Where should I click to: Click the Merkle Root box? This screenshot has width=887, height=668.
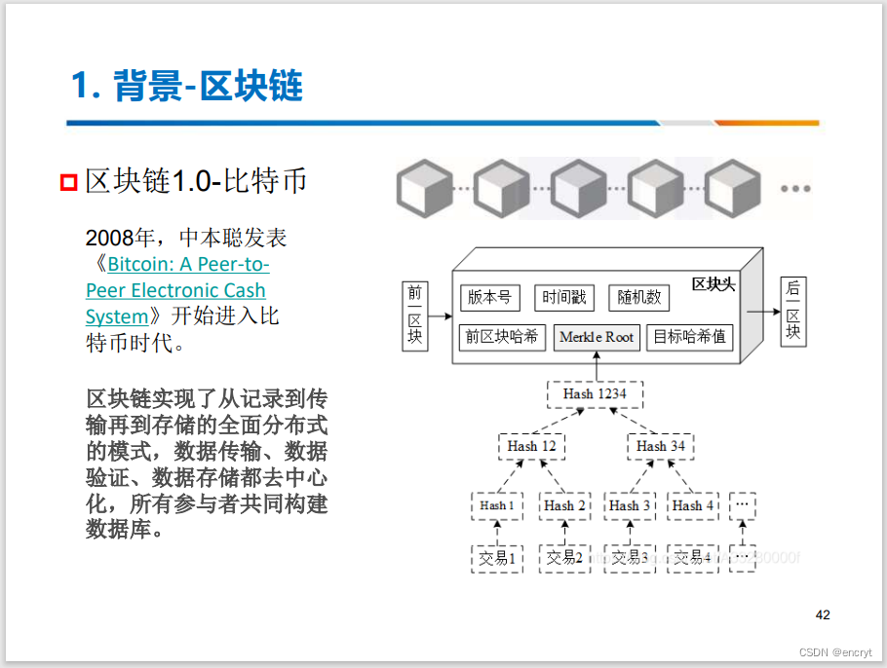596,337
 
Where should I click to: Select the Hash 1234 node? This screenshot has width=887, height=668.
595,393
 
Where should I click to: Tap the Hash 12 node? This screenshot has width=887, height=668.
531,446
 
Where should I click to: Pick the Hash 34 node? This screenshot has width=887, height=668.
660,446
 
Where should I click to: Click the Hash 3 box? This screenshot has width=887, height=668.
630,505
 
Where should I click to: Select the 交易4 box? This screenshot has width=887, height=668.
693,558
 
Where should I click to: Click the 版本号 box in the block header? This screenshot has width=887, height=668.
489,297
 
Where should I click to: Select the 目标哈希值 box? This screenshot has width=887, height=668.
689,337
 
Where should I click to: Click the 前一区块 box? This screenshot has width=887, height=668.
415,315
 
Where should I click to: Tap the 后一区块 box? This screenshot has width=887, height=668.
792,312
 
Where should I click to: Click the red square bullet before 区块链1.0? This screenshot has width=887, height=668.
68,182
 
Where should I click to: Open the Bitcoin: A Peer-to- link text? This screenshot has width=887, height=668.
188,264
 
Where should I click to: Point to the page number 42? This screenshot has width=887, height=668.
823,614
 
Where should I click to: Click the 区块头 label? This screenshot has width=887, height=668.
713,283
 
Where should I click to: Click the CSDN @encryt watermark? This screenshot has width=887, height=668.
835,652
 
